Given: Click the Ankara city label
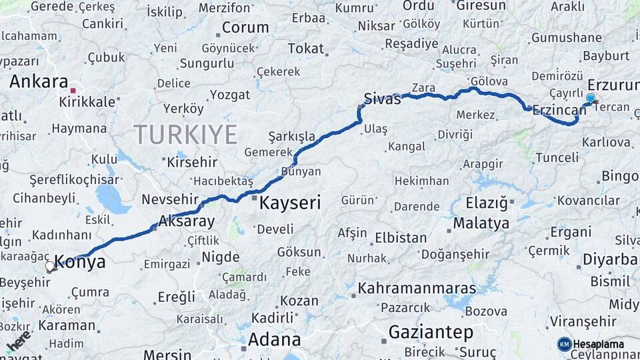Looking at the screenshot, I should click(x=39, y=82).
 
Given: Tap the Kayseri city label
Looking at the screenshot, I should click(x=290, y=203).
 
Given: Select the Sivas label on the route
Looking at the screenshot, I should click(x=383, y=99).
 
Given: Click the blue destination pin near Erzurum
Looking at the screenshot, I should click(x=590, y=99).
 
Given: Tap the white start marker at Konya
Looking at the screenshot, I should click(x=50, y=267).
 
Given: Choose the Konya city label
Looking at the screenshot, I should click(x=80, y=262).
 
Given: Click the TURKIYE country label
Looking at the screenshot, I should click(x=186, y=135).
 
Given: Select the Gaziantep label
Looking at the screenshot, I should click(x=431, y=331).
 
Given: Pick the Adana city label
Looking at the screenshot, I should click(x=274, y=339).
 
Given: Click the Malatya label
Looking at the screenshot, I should click(x=481, y=223).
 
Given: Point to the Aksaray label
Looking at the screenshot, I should click(x=186, y=222).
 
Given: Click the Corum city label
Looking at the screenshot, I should click(x=245, y=28).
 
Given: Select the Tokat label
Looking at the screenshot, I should click(x=305, y=49).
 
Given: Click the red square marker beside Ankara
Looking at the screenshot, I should click(x=74, y=89).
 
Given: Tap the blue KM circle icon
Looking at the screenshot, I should click(x=564, y=344).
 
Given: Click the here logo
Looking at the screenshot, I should click(x=19, y=341).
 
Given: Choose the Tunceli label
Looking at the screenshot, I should click(x=557, y=157).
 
